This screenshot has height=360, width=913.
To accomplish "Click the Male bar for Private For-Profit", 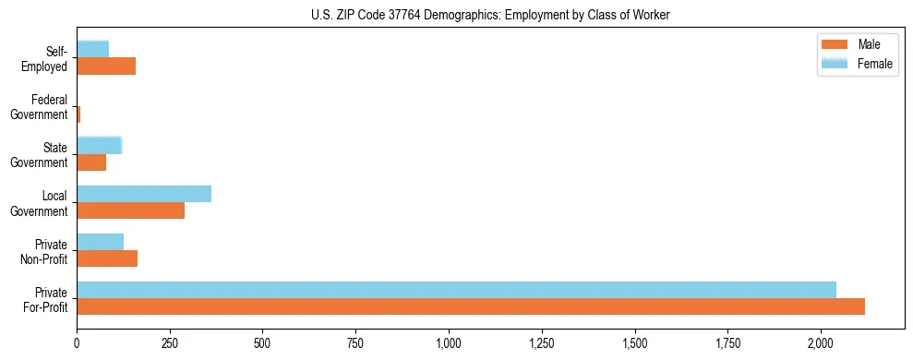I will coord(471,306).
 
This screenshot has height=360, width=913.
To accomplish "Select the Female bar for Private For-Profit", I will coord(456,290).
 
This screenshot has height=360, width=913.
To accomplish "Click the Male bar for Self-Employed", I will coord(106,66).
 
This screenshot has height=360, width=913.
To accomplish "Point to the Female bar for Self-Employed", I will coord(92,49).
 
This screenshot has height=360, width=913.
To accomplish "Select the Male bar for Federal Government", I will coord(78,114).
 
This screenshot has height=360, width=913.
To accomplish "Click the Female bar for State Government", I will coord(99,145).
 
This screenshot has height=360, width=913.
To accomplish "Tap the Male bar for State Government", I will coord(91,162).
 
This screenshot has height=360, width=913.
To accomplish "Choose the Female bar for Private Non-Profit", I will coord(100,242).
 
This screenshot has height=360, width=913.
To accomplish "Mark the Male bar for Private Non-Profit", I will coord(107,258).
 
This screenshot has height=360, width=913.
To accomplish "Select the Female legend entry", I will coord(855,64).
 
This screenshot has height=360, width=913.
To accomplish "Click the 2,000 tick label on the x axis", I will coord(821,343).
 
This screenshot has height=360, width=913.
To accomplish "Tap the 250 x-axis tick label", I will coord(170,343).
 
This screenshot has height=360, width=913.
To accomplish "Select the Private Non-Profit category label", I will coord(46,251).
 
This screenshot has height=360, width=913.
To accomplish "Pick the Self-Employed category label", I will coord(46,59).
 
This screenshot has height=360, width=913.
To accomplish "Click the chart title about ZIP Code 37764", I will coord(491,14).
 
